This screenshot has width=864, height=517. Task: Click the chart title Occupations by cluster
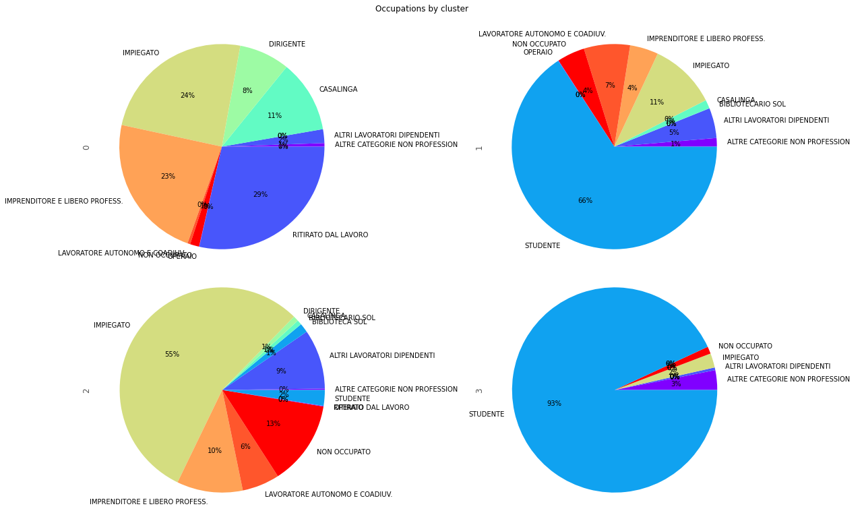(x=421, y=9)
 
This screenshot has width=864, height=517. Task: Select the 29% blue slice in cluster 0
(x=263, y=192)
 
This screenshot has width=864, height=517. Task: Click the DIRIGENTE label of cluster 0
(x=287, y=44)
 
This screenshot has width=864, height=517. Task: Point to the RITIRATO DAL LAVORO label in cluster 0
(x=330, y=235)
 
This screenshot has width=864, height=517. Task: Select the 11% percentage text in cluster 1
(x=656, y=102)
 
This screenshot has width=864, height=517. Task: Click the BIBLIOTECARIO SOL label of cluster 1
(x=752, y=104)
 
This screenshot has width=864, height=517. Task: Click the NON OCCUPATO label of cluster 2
(x=344, y=452)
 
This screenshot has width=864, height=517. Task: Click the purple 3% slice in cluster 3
(x=701, y=382)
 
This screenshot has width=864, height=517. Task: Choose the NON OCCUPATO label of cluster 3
(x=745, y=346)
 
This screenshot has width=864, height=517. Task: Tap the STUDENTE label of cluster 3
(x=487, y=415)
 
